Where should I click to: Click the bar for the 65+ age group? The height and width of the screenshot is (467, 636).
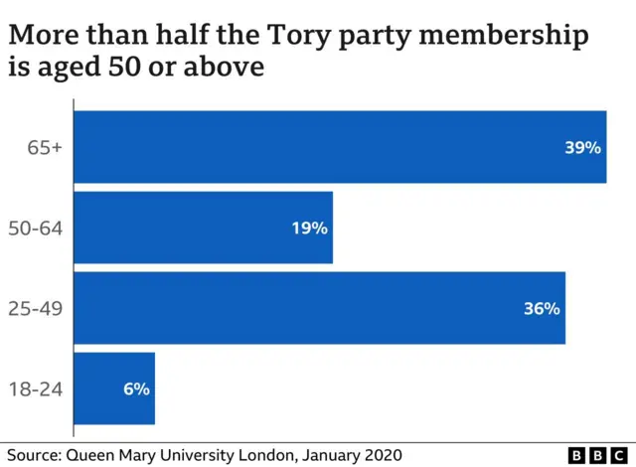(x=340, y=147)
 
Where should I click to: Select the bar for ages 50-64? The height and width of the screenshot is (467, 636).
(x=203, y=228)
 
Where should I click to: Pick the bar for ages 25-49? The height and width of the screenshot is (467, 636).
(x=319, y=308)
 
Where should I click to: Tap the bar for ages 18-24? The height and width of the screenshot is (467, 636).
(x=114, y=389)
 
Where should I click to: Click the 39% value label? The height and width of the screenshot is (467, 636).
(x=582, y=148)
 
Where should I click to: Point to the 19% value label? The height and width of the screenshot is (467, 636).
(x=309, y=229)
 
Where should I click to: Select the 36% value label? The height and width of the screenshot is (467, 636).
(x=542, y=309)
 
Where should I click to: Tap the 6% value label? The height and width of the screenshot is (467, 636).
(x=136, y=389)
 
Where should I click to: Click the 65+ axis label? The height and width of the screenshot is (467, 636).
(x=45, y=148)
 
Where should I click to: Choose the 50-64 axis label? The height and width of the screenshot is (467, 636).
(x=37, y=229)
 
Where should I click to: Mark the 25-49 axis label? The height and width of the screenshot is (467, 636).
(x=37, y=309)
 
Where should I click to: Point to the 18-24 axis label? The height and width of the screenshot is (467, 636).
(x=37, y=389)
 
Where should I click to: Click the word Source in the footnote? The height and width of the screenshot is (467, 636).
(x=32, y=454)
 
